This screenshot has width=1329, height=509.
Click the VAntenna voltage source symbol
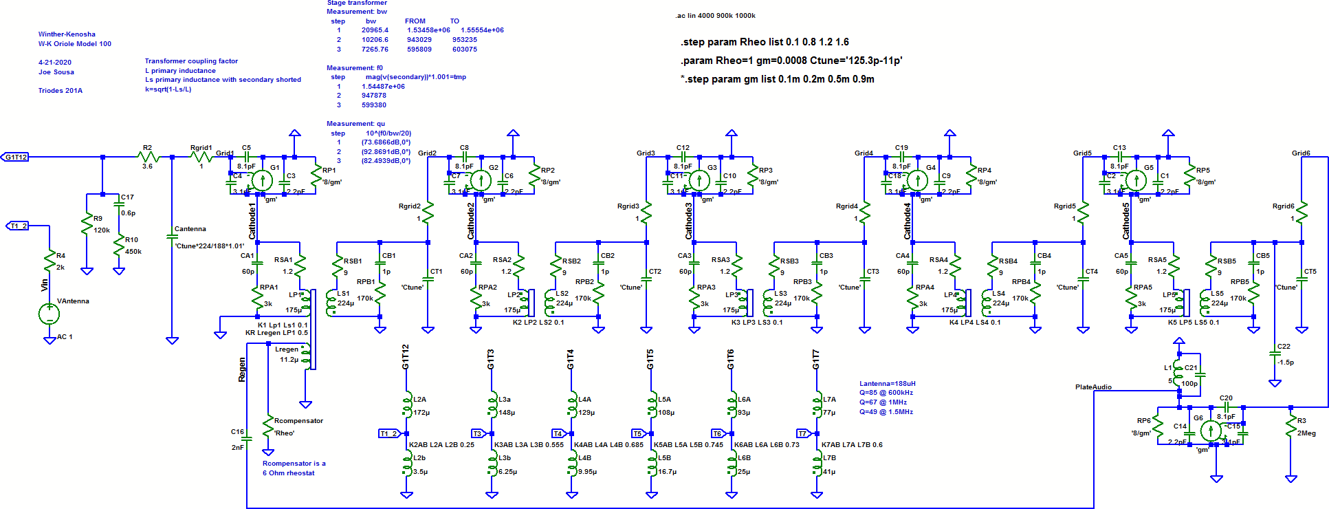point(49,314)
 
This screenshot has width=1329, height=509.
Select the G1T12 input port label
point(15,157)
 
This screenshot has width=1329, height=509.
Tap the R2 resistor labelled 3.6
point(148,158)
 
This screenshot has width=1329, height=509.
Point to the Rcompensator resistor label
point(298,421)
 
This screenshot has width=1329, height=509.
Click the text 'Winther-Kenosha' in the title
point(67,34)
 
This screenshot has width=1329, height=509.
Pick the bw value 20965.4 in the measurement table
point(375,30)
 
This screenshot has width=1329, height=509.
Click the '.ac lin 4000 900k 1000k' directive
point(715,16)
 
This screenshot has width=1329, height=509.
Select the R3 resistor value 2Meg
point(1306,433)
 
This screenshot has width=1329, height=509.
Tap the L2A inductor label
point(419,400)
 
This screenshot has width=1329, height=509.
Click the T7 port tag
point(802,434)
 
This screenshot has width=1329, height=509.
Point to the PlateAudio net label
point(1093,387)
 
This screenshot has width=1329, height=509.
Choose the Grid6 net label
point(1301,153)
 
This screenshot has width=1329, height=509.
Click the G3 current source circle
point(699,181)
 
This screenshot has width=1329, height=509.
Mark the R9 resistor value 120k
point(102,230)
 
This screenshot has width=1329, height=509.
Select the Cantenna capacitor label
point(190,229)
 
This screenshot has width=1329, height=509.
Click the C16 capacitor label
point(237,432)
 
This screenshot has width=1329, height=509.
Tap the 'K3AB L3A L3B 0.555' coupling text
point(529,445)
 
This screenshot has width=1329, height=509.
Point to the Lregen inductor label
point(287,349)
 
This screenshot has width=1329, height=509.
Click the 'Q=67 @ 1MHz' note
point(883,402)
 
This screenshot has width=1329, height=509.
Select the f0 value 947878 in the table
point(374,96)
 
